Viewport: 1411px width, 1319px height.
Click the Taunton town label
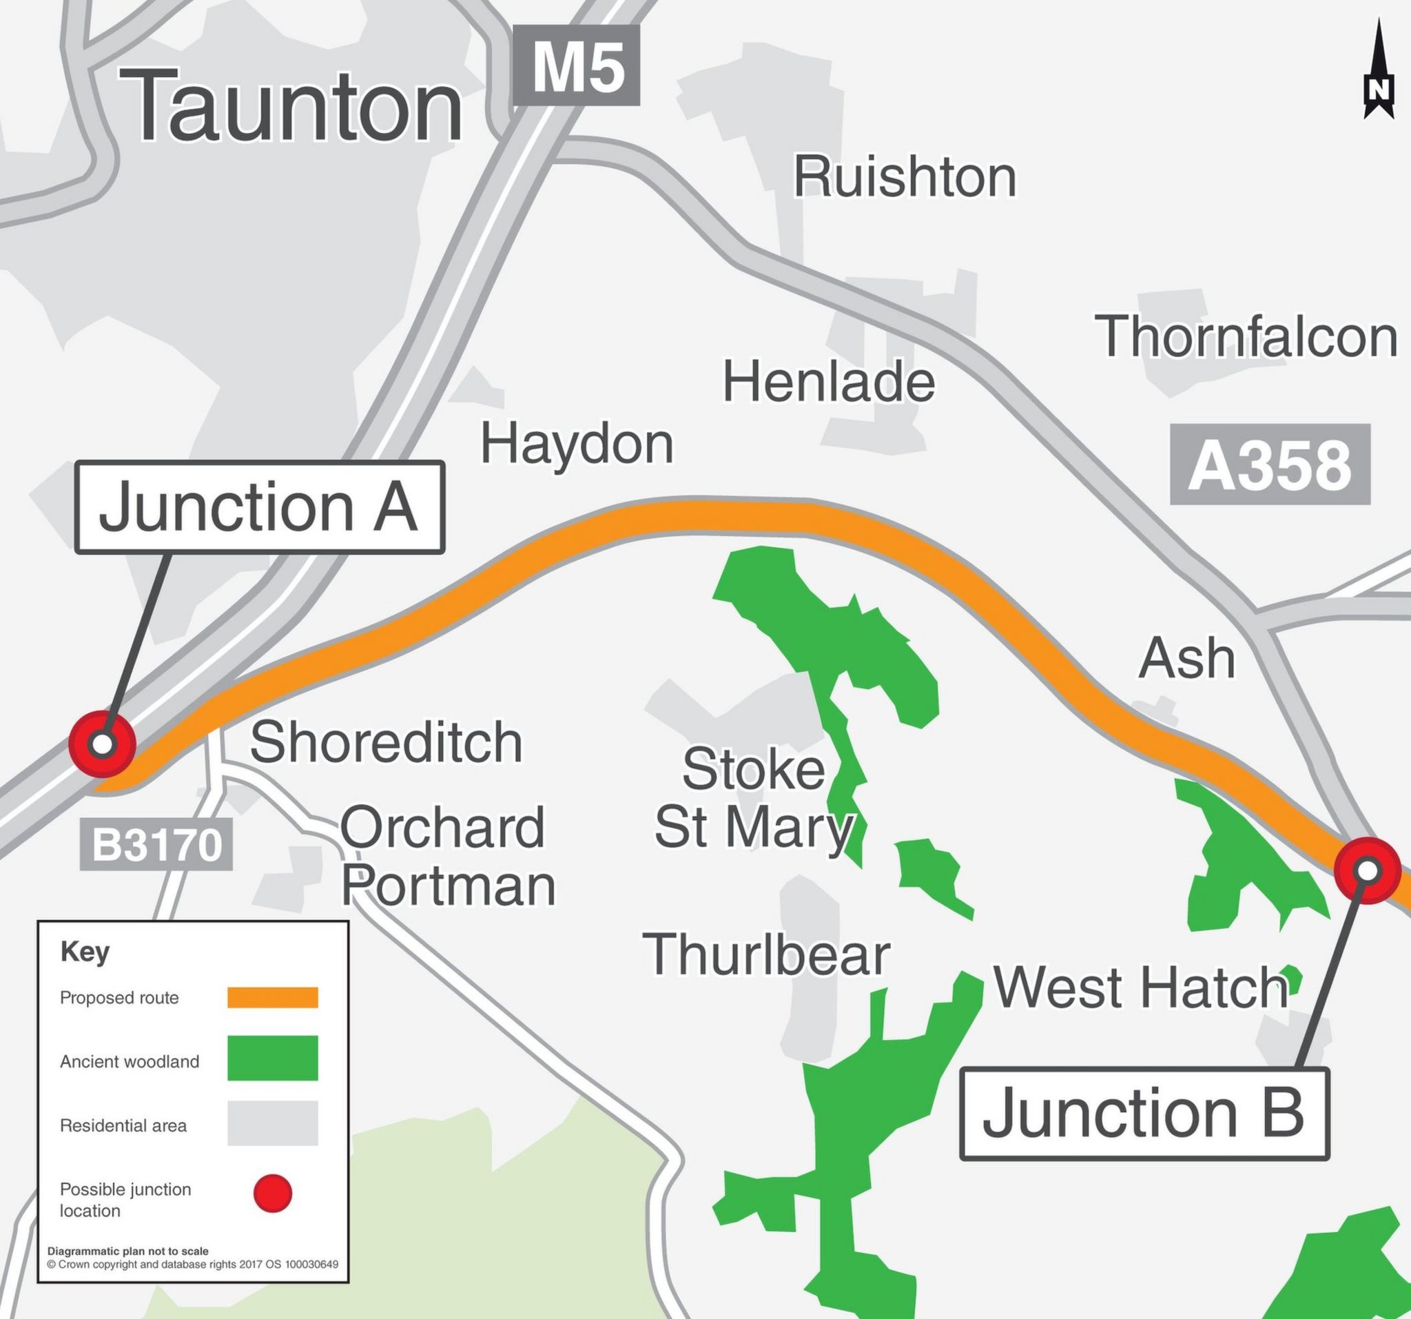291,107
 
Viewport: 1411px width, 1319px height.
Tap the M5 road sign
577,66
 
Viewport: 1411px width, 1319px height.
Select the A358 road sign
1270,465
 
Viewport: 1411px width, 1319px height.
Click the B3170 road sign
156,845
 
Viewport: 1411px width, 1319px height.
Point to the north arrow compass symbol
1379,71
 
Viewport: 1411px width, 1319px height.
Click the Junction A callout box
259,507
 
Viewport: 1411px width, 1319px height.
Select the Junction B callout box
1144,1114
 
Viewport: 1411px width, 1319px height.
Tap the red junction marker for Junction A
103,745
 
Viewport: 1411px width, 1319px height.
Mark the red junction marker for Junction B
1367,870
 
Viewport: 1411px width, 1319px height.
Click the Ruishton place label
904,177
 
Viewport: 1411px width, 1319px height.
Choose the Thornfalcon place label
1246,336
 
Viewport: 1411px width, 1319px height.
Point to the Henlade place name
828,382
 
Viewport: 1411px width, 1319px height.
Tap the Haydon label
577,444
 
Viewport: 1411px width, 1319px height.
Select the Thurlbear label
766,955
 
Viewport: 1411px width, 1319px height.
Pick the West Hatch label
1140,988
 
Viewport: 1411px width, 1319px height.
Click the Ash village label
1186,658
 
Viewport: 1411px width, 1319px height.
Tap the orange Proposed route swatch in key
273,997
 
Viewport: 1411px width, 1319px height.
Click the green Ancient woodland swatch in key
273,1059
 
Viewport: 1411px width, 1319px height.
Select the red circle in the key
273,1194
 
